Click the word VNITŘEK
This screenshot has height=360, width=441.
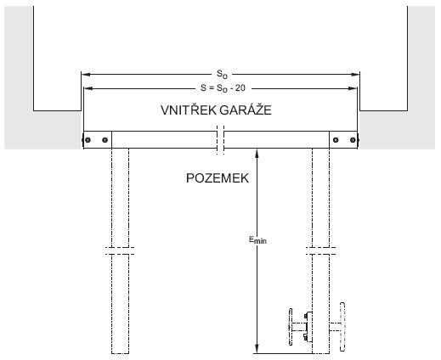click(x=189, y=110)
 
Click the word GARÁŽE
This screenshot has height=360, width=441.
click(x=246, y=110)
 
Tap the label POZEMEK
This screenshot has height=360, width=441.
click(x=218, y=178)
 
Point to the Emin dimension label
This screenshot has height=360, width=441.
click(x=257, y=240)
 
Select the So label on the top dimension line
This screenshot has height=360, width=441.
click(x=222, y=75)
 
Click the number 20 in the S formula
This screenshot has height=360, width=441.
click(x=240, y=88)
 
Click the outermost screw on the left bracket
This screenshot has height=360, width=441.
click(x=88, y=140)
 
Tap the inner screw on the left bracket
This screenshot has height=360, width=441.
click(x=105, y=140)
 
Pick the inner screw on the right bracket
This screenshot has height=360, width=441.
click(x=336, y=140)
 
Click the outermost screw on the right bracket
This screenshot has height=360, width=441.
click(x=353, y=140)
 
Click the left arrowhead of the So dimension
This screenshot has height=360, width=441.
click(x=86, y=75)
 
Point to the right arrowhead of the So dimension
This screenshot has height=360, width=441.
click(x=355, y=75)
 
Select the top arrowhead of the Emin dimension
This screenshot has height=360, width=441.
click(x=257, y=153)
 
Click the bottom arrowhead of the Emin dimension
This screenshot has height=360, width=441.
click(x=257, y=349)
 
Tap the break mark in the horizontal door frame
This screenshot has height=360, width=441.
click(x=221, y=140)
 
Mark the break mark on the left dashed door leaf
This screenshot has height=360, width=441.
click(x=120, y=250)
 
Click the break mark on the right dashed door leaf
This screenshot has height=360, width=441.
click(x=320, y=250)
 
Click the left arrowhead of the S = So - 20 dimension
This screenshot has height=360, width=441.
click(x=88, y=88)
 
